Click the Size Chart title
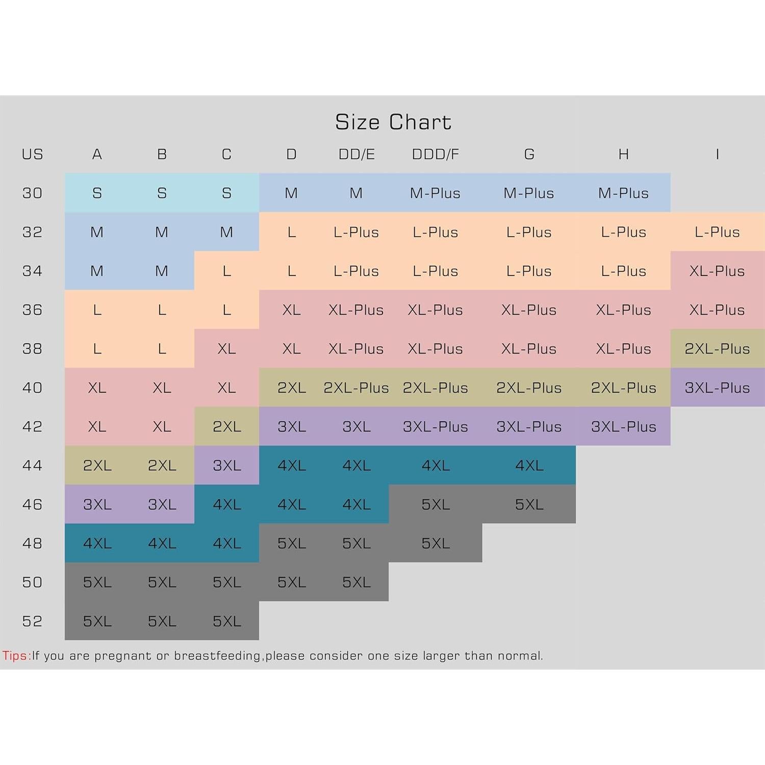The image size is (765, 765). (393, 122)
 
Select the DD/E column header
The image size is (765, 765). (356, 154)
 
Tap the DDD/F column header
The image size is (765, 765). (436, 154)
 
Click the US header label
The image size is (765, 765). (32, 154)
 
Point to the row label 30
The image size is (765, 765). (32, 193)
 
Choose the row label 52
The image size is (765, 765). (32, 621)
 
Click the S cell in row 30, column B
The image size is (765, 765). (162, 193)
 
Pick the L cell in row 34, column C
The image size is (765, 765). (227, 271)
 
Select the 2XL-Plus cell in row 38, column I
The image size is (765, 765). (717, 349)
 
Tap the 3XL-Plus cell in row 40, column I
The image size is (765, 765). (717, 388)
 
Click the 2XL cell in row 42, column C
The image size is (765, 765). (227, 426)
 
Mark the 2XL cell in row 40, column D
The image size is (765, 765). (292, 388)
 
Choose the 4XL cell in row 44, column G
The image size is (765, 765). (529, 465)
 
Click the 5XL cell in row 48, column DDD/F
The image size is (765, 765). (436, 543)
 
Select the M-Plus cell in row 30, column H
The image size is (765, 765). (623, 193)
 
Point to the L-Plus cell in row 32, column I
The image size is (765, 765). (717, 232)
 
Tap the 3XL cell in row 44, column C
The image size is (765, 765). (227, 465)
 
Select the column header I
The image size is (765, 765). (717, 154)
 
